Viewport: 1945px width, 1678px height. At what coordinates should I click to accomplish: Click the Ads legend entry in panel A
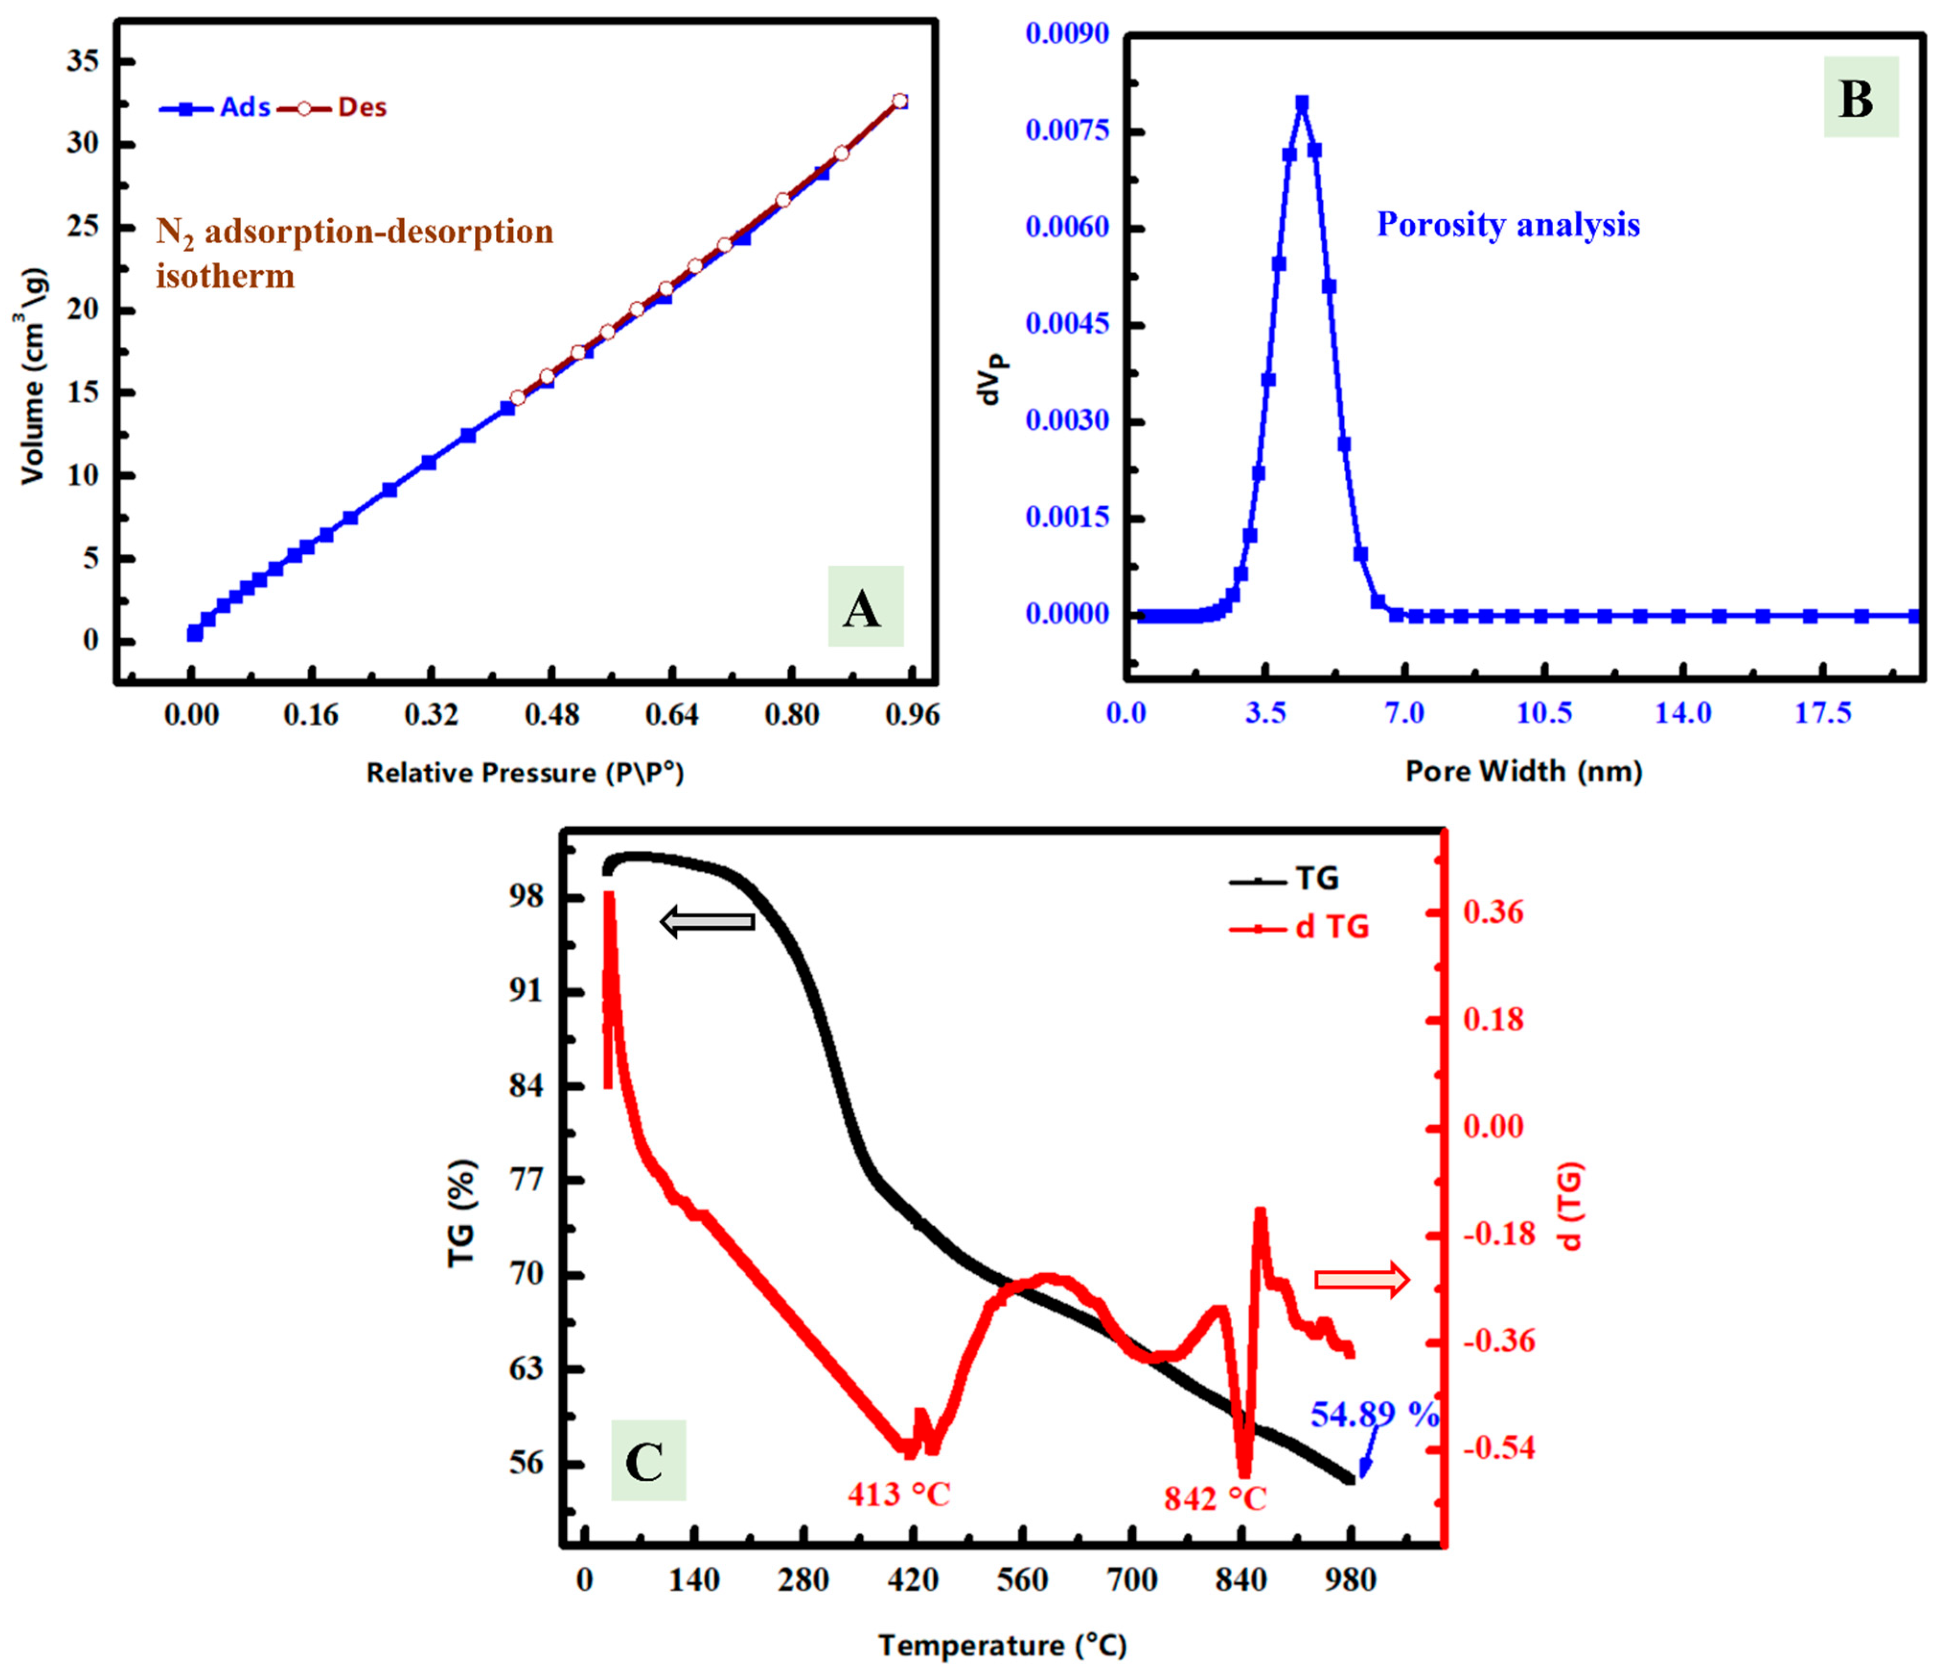tap(216, 108)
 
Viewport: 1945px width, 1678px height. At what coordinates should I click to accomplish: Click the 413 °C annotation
tap(898, 1494)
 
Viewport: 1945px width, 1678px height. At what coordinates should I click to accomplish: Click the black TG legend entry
tap(1286, 879)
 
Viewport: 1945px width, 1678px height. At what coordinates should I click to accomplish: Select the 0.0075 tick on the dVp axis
tap(1067, 130)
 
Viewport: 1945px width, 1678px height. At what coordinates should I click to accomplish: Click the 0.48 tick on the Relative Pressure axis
tap(551, 715)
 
